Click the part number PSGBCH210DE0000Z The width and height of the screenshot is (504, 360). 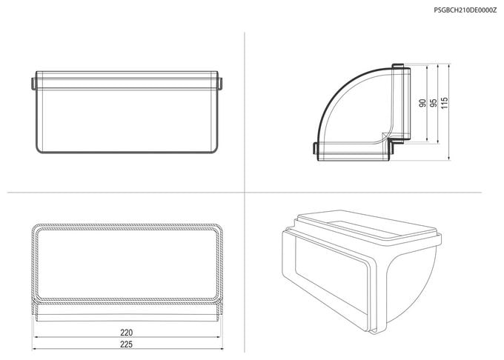(465, 10)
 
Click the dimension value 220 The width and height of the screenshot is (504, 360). (126, 333)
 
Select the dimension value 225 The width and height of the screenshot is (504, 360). (126, 344)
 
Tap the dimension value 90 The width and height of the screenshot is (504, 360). (422, 103)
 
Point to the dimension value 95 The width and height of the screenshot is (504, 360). (434, 103)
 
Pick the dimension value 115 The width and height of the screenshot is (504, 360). (445, 103)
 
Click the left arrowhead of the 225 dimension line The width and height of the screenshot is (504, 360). (34, 349)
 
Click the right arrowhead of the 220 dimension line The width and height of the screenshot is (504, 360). (218, 337)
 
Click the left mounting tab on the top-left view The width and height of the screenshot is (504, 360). (33, 83)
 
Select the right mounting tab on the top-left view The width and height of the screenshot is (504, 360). (220, 83)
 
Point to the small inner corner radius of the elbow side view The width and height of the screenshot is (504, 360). (385, 137)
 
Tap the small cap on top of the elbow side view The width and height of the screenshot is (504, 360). (397, 66)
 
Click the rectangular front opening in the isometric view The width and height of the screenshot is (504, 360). (331, 277)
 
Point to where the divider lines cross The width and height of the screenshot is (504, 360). (245, 193)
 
